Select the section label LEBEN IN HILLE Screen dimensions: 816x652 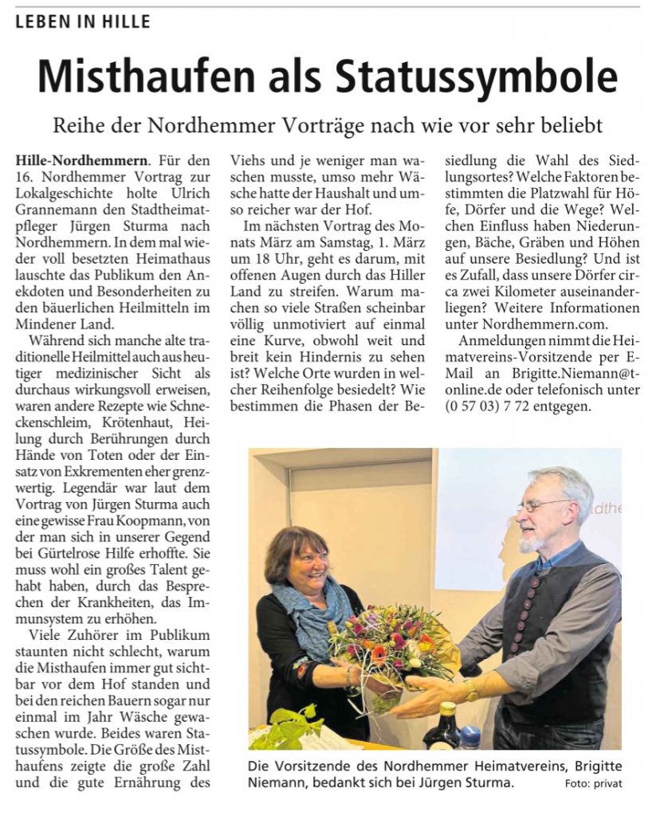click(x=82, y=22)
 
